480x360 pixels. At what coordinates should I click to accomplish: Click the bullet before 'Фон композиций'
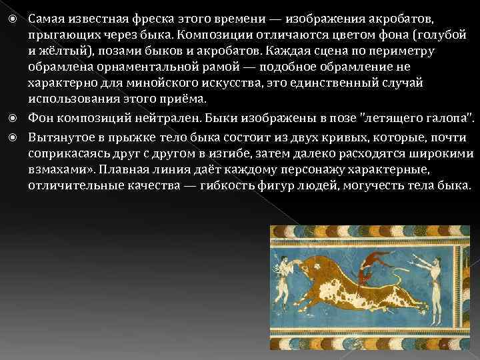(x=19, y=119)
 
